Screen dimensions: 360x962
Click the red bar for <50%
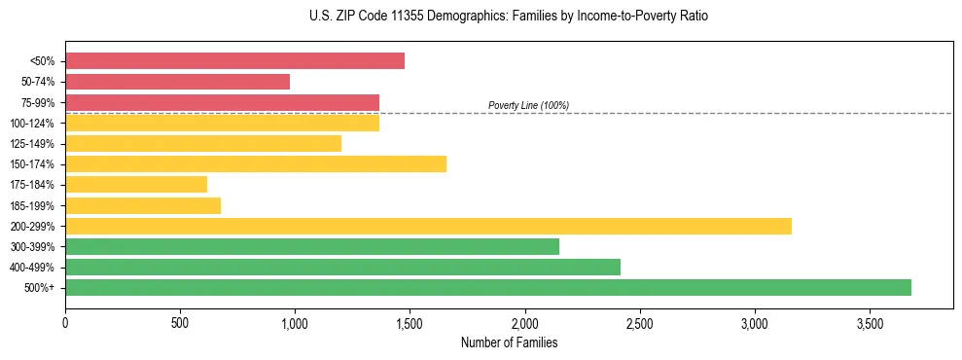pyautogui.click(x=234, y=61)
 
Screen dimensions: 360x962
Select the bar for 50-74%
pyautogui.click(x=177, y=82)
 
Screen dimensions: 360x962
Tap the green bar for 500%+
pyautogui.click(x=488, y=287)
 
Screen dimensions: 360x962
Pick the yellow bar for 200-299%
pyautogui.click(x=428, y=226)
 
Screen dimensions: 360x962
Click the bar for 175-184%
pyautogui.click(x=136, y=185)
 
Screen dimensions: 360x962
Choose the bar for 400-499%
pyautogui.click(x=342, y=267)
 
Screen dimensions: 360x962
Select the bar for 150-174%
pyautogui.click(x=256, y=164)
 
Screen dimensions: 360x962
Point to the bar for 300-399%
pyautogui.click(x=312, y=246)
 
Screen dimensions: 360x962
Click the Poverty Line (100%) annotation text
pyautogui.click(x=528, y=105)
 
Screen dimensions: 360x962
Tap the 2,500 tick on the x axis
pyautogui.click(x=640, y=322)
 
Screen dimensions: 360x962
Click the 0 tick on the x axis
pyautogui.click(x=65, y=322)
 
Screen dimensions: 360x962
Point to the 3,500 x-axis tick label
pyautogui.click(x=870, y=322)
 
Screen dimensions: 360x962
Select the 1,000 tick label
pyautogui.click(x=295, y=322)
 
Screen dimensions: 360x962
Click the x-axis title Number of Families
pyautogui.click(x=509, y=342)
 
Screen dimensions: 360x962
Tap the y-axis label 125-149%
pyautogui.click(x=32, y=144)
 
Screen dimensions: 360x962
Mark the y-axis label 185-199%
pyautogui.click(x=32, y=205)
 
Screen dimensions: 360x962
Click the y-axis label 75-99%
pyautogui.click(x=34, y=102)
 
